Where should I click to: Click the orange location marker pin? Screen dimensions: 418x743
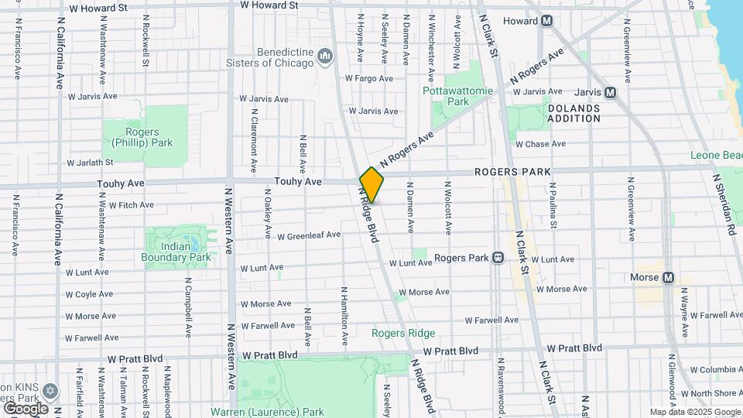coord(371,184)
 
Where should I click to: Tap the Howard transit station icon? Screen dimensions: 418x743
coord(546,21)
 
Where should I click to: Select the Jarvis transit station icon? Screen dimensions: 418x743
coord(611,92)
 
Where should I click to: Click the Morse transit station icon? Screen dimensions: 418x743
coord(668,278)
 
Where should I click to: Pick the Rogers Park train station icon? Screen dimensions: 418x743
coord(498,257)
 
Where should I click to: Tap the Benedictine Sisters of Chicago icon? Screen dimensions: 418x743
coord(326,56)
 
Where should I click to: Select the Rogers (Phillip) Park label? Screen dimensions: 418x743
coord(142,137)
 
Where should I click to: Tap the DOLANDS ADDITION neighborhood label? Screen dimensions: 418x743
coord(574,113)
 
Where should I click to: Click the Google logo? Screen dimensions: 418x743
coord(25,408)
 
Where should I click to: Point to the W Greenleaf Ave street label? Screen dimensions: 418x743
coord(309,235)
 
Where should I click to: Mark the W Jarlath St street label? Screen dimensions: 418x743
coord(91,163)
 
